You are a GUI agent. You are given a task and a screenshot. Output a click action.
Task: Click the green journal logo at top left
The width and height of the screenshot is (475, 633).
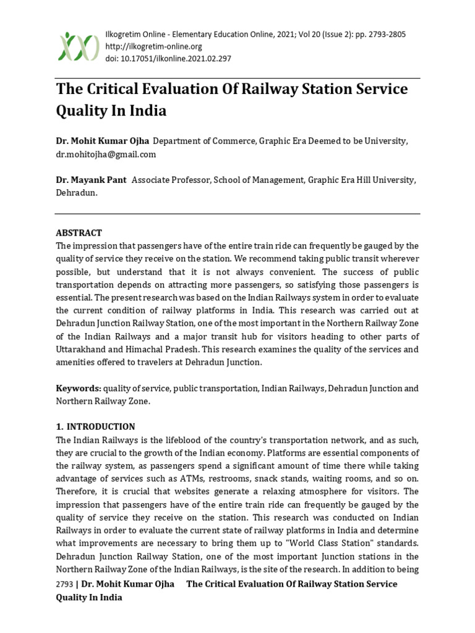pos(78,46)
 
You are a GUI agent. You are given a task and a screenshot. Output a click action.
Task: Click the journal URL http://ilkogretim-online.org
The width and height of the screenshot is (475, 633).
pos(154,46)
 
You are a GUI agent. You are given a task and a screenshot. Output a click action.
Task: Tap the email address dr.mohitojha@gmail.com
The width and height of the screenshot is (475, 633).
pos(106,154)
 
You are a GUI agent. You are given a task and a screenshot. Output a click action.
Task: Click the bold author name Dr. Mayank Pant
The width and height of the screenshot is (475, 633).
pos(91,179)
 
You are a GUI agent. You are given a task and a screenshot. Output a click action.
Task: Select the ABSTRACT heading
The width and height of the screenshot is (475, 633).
pos(79,233)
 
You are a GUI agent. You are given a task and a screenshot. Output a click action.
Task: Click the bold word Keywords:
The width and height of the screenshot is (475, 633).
pos(79,388)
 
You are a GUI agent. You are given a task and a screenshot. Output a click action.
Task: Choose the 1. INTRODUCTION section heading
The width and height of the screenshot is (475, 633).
pos(95,427)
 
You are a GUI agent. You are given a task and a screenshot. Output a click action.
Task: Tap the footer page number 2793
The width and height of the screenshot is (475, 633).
pos(64,584)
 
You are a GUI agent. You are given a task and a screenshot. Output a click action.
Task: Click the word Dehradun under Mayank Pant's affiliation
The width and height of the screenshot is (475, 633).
pos(77,192)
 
